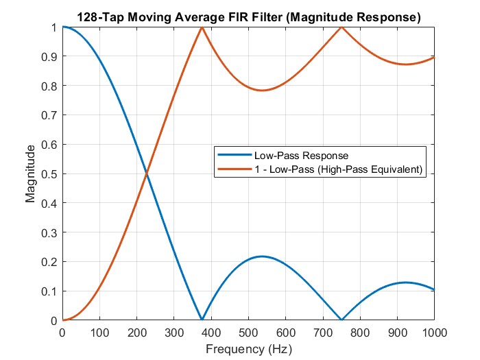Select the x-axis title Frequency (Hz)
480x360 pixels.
click(248, 349)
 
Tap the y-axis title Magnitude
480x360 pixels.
click(30, 174)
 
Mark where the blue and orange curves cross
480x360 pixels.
click(146, 174)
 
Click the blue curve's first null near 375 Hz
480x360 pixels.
click(202, 320)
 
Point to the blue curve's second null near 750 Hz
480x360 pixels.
click(341, 320)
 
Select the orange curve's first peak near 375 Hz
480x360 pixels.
click(202, 27)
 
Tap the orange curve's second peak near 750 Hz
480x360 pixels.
click(341, 27)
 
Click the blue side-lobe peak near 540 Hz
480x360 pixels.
click(262, 256)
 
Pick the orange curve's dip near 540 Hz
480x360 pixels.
click(262, 91)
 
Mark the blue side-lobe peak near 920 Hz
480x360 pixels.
click(405, 283)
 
